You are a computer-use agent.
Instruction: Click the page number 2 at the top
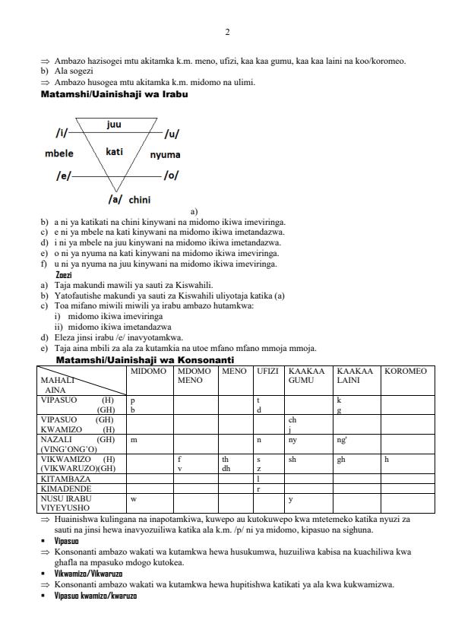226,32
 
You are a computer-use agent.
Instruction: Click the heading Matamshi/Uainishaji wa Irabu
114,94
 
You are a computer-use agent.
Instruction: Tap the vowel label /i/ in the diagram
60,134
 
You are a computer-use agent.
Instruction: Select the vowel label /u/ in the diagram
172,134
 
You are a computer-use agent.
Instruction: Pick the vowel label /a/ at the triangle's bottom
115,199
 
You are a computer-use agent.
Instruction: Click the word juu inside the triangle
114,125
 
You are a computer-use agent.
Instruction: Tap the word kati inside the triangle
114,152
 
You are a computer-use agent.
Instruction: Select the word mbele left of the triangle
59,153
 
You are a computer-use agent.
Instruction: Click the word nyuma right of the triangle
165,155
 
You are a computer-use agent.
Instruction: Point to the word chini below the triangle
139,200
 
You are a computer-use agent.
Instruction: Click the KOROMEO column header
406,372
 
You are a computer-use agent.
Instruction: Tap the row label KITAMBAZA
65,479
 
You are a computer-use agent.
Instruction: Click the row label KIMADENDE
65,489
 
